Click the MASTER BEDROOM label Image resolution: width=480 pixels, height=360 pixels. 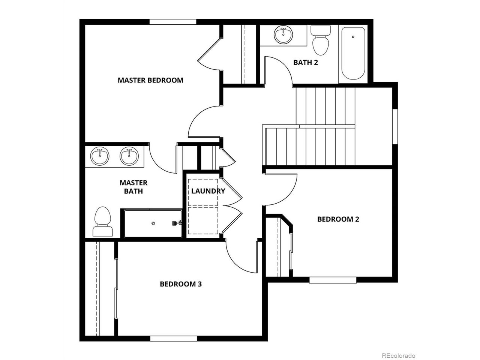point(150,80)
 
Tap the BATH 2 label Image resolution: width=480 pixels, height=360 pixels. point(306,63)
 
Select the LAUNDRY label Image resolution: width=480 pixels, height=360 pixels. point(208,191)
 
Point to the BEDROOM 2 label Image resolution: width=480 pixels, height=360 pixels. point(338,219)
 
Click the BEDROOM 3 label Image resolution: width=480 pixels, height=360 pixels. point(181,284)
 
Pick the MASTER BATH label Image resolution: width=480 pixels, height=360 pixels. point(133,187)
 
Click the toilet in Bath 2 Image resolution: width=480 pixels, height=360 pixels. point(321,40)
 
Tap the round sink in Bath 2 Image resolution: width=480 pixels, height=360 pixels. point(283,35)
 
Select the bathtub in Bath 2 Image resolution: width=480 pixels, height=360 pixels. point(353,54)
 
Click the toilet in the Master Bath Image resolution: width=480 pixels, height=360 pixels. point(102,221)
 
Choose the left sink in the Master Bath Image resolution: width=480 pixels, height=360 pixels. point(100,156)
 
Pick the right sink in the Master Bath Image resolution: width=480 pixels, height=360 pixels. point(129,156)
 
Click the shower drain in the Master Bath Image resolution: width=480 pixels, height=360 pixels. point(153,223)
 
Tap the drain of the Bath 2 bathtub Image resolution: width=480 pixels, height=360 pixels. point(353,37)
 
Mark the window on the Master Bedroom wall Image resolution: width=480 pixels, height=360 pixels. point(173,22)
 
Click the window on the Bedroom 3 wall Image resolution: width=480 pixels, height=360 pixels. point(174,339)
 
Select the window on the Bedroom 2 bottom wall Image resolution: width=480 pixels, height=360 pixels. point(333,280)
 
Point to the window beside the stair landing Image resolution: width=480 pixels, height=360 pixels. point(395,126)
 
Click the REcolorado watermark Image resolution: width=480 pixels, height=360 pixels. point(398,355)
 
